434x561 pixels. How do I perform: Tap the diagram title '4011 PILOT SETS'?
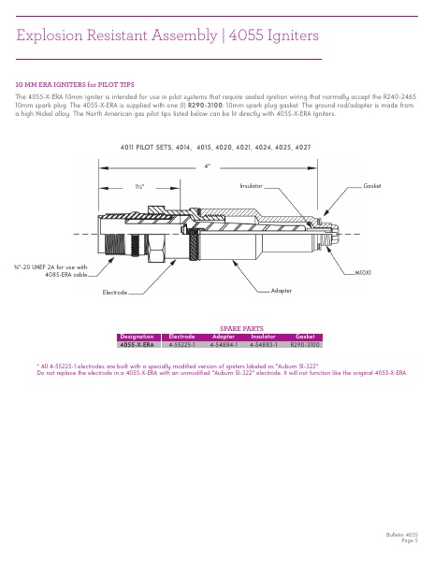(x=153, y=148)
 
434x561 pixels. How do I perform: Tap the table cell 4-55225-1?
(x=181, y=344)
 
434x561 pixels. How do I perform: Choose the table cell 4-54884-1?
(x=224, y=344)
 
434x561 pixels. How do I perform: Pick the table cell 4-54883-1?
(x=265, y=344)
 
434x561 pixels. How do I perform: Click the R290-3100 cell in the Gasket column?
(x=305, y=344)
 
